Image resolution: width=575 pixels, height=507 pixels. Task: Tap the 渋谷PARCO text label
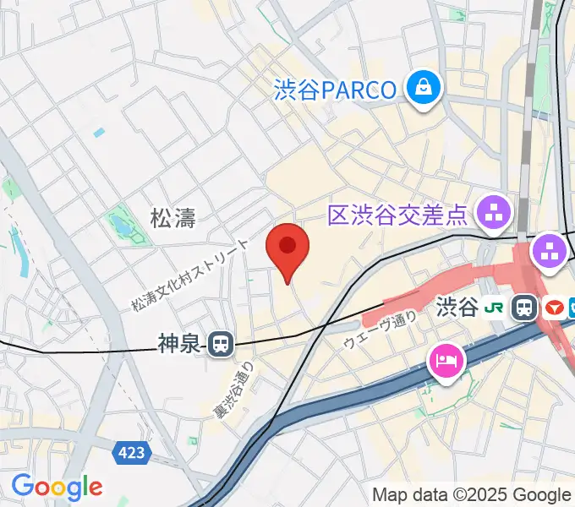click(x=335, y=89)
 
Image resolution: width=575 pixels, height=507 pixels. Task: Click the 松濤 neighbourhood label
click(x=172, y=219)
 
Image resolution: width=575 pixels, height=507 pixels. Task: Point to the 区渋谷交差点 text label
click(x=397, y=215)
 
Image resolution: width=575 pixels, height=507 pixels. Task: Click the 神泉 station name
click(x=179, y=343)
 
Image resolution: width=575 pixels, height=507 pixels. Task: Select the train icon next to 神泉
click(x=222, y=343)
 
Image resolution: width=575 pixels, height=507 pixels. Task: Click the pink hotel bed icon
click(x=446, y=362)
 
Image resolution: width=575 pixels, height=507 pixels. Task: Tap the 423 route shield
click(x=132, y=453)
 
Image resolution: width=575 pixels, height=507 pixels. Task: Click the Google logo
click(x=57, y=487)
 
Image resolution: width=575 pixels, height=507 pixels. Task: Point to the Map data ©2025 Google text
click(x=472, y=494)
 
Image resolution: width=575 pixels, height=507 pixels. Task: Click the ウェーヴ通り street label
click(x=381, y=330)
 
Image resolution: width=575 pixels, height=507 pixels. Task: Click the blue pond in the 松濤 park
click(x=118, y=226)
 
